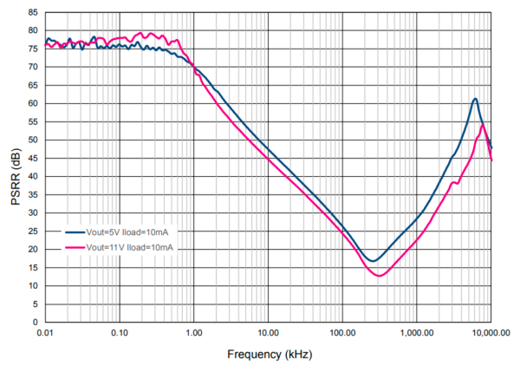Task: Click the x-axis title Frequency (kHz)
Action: click(x=270, y=354)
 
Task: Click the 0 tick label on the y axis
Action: click(x=36, y=323)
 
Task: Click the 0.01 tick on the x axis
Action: click(x=46, y=332)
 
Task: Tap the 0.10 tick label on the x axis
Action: click(x=120, y=332)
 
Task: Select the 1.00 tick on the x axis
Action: click(x=194, y=332)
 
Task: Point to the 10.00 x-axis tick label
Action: click(x=268, y=332)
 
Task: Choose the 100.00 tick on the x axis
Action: click(x=342, y=332)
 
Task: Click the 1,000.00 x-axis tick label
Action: click(x=417, y=332)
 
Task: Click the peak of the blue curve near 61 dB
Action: click(x=475, y=99)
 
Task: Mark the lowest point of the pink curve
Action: click(x=380, y=276)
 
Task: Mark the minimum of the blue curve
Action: click(x=373, y=261)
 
